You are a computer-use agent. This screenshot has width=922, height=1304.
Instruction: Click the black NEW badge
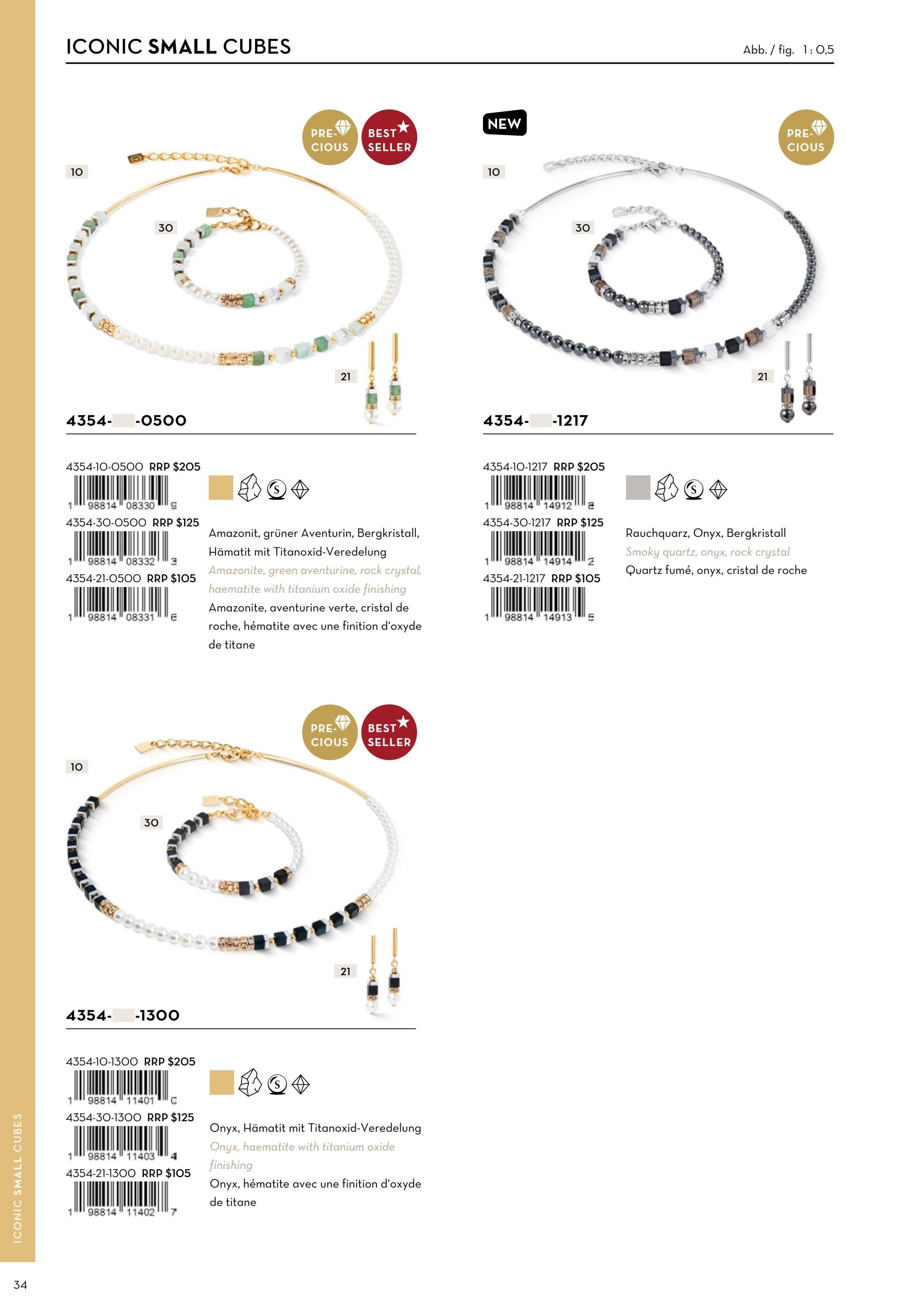click(x=505, y=123)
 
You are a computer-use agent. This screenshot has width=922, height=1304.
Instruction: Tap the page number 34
click(x=20, y=1285)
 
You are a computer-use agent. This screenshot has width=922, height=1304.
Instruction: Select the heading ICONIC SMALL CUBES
click(x=178, y=47)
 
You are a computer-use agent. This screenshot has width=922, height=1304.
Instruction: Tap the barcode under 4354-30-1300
click(x=122, y=1143)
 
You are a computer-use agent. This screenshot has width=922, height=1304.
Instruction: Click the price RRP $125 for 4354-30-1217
click(x=580, y=522)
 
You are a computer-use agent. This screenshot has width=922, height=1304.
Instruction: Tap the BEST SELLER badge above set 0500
click(x=389, y=137)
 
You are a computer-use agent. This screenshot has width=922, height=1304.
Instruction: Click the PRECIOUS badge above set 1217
click(x=806, y=137)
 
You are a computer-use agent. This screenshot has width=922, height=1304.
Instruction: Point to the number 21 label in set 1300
click(x=345, y=971)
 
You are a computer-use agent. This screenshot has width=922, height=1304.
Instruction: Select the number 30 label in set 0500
click(x=165, y=228)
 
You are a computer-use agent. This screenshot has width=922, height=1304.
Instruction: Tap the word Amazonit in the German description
click(x=233, y=533)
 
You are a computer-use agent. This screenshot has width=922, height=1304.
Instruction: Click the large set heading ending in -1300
click(x=122, y=1015)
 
